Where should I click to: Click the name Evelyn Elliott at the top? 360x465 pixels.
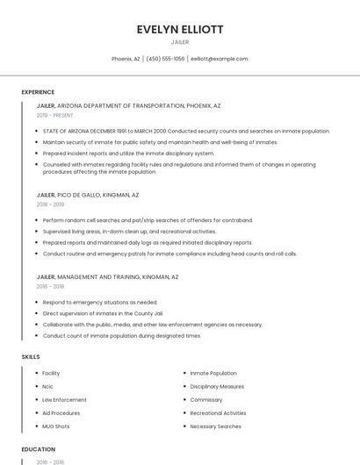[x=180, y=29]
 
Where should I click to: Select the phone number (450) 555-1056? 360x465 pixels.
[x=165, y=59]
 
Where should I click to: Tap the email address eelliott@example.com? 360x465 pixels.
[x=219, y=59]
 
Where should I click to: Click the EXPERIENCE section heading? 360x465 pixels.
[x=38, y=92]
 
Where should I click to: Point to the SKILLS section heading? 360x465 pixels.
[x=30, y=357]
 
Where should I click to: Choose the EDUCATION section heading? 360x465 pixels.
[x=38, y=449]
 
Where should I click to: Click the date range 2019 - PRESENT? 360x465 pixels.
[x=55, y=115]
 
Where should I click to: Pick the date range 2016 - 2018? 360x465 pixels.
[x=50, y=286]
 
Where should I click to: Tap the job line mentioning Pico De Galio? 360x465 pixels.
[x=88, y=195]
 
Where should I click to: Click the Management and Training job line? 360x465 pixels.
[x=107, y=276]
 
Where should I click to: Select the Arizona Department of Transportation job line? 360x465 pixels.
[x=128, y=105]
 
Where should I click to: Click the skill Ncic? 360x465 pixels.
[x=48, y=386]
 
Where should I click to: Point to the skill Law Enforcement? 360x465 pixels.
[x=64, y=399]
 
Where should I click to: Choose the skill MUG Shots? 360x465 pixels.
[x=56, y=426]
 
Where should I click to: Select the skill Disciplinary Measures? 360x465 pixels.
[x=217, y=386]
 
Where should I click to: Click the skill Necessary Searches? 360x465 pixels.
[x=215, y=426]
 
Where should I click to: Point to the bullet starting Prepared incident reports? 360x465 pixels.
[x=128, y=153]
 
